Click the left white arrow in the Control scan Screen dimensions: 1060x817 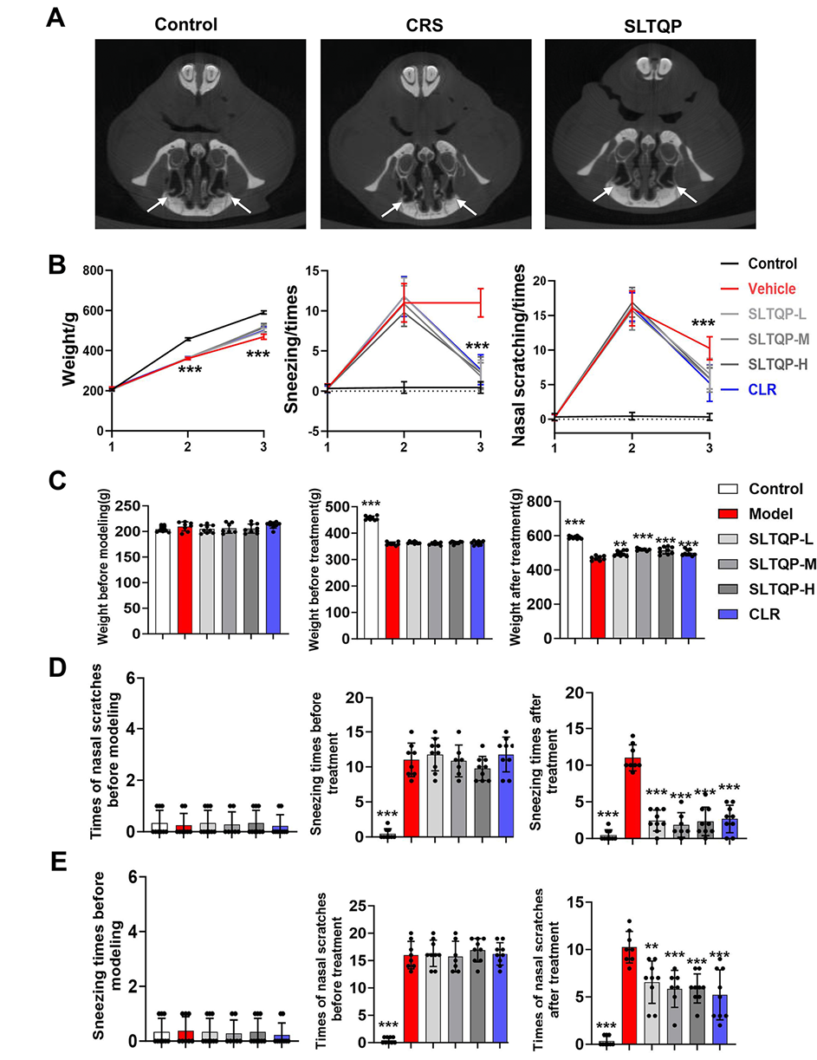[156, 205]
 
